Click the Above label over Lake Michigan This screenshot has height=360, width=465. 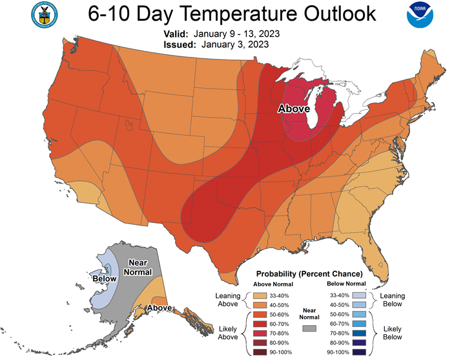click(294, 109)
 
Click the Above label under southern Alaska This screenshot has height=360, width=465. click(159, 308)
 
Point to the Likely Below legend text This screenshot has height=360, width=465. click(392, 332)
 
